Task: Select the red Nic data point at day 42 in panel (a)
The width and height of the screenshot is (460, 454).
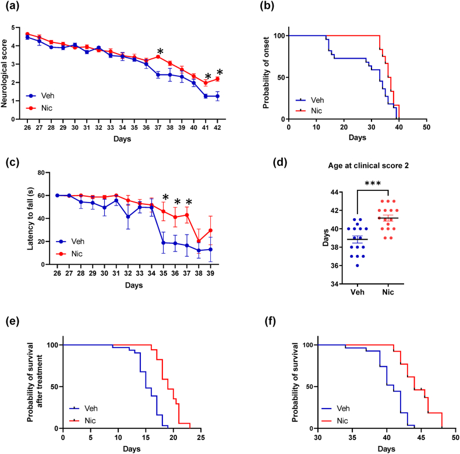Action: pyautogui.click(x=217, y=79)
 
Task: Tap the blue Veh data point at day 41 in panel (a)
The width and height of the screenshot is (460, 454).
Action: pyautogui.click(x=206, y=95)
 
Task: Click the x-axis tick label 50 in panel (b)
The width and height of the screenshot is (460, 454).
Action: pyautogui.click(x=427, y=128)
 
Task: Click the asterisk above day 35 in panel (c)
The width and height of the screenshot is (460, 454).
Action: pyautogui.click(x=165, y=198)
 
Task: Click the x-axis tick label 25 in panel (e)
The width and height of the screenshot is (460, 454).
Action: pyautogui.click(x=200, y=438)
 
